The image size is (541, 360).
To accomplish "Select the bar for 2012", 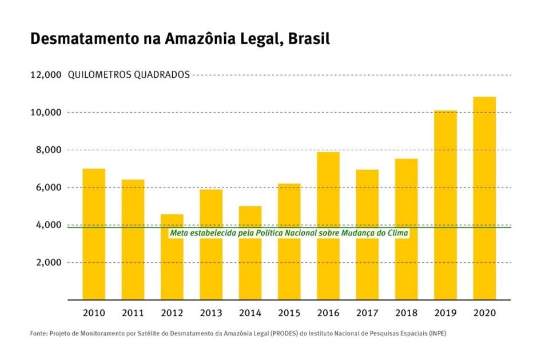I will (x=172, y=257).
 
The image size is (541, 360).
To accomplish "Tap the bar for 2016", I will (x=328, y=225).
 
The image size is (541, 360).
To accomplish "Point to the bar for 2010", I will (x=94, y=234).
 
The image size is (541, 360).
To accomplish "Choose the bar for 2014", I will (x=250, y=253).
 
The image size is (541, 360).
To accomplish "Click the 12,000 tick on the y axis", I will (x=45, y=75).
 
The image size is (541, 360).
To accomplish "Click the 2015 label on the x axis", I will (x=289, y=313).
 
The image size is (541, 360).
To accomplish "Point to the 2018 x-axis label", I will (x=406, y=313).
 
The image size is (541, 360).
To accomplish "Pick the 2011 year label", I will (x=133, y=313).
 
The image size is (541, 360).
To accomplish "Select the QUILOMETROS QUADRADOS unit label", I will (x=129, y=75).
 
